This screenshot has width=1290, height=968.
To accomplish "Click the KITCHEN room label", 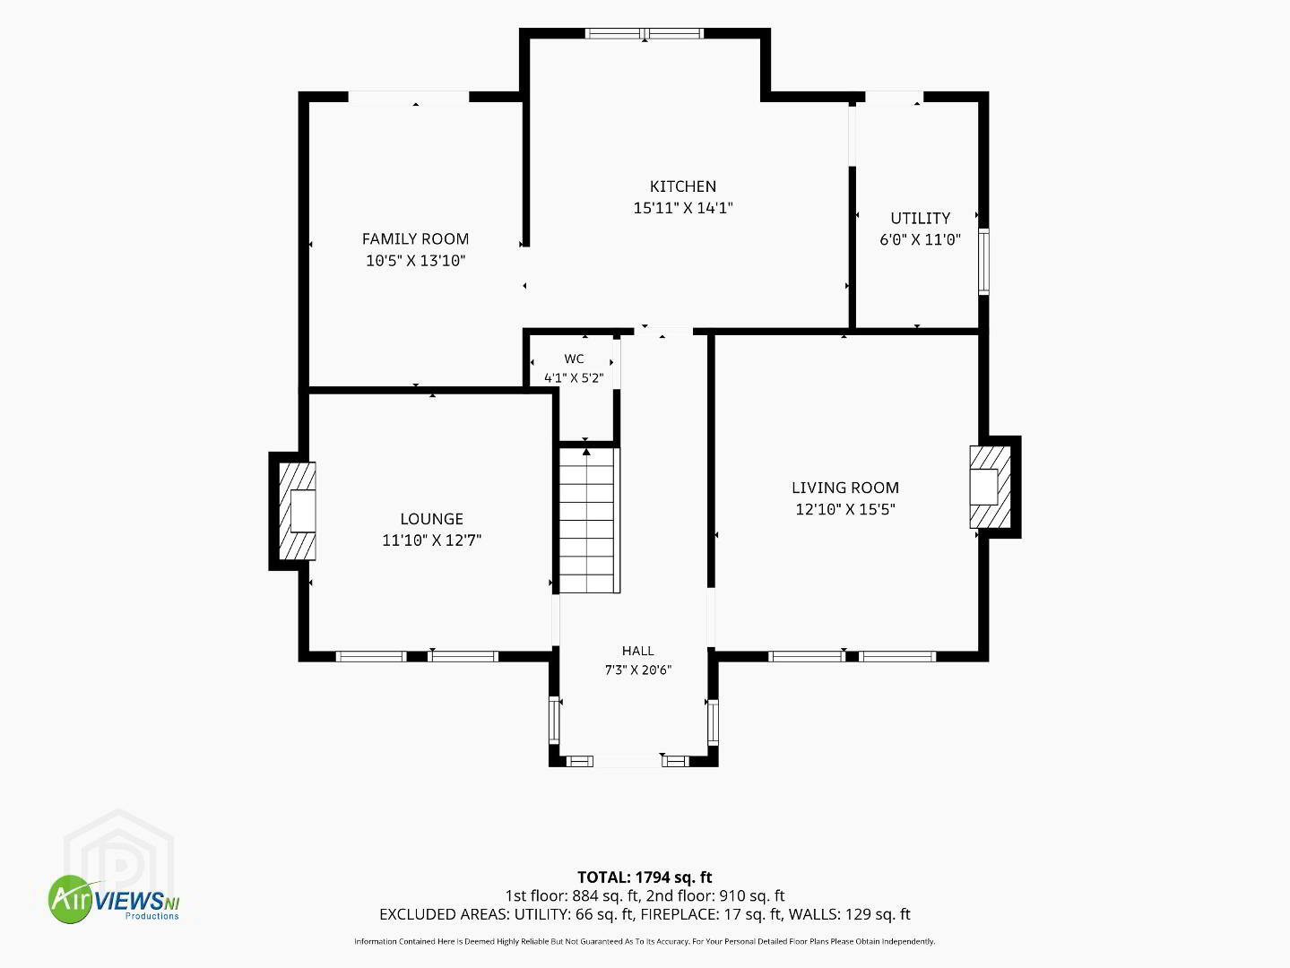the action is pos(683,186).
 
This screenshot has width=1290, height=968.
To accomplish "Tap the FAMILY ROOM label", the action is pos(415,239).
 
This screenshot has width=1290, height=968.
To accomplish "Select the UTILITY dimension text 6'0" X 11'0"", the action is pos(921,239).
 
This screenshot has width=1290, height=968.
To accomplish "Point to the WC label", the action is pos(575,359).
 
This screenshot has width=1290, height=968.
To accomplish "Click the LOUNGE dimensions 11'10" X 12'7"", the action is pos(432,540).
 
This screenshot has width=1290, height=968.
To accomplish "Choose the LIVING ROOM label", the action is pos(845,488).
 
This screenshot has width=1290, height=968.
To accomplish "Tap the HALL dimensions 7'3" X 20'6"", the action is pos(638,670).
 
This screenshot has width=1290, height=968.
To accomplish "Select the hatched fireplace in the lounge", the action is pos(298,511).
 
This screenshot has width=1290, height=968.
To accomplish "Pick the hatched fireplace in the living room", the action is pos(991,487).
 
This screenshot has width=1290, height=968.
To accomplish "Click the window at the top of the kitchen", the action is pos(645,33).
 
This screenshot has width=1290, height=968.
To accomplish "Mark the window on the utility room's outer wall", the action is pos(983,262).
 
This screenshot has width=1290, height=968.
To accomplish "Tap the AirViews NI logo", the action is pos(114,899).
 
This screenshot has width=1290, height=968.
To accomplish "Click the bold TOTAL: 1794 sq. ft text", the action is pos(645,877).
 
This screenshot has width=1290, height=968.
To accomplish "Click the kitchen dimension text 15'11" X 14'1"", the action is pos(683,208).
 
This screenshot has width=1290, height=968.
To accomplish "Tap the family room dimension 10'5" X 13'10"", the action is pos(415,261).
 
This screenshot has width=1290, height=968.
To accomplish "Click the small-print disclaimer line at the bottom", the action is pos(645,942).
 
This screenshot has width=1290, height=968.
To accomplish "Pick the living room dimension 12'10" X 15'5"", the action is pos(845,509).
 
